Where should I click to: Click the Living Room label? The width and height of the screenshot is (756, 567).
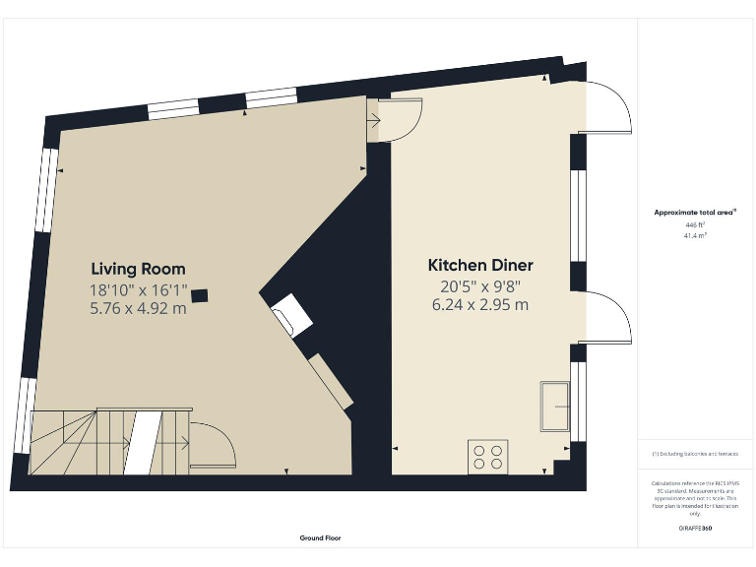138,269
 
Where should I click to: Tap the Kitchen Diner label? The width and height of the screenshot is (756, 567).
480,266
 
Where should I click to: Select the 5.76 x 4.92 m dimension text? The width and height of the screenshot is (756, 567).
138,308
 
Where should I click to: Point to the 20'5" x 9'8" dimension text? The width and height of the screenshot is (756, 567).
480,286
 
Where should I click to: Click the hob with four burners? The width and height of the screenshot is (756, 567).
487,456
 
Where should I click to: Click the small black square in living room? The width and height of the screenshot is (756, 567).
200,293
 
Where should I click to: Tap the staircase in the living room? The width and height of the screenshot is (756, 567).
108,442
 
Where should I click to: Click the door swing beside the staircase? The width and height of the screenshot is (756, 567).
212,442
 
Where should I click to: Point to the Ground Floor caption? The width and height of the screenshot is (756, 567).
321,538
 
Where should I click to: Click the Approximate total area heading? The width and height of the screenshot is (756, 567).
695,213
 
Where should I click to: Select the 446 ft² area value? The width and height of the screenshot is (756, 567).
695,225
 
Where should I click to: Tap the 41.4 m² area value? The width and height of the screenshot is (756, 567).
695,236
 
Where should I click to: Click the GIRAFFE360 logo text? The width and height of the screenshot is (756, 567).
695,529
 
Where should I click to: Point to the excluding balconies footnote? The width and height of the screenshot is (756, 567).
695,454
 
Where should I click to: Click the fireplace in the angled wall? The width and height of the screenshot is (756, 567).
292,316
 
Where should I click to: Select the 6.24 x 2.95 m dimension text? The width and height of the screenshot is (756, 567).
480,305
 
